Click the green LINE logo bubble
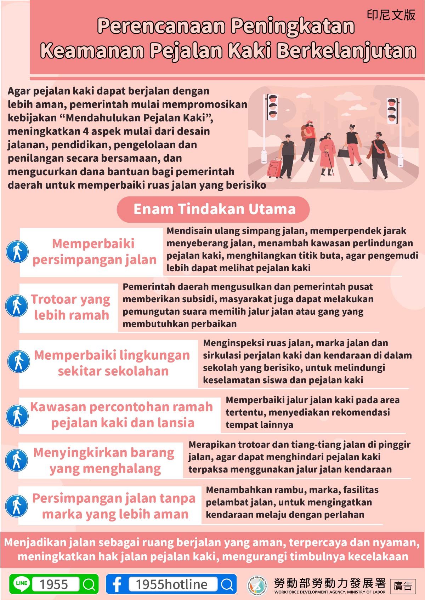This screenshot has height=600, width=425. pyautogui.click(x=22, y=584)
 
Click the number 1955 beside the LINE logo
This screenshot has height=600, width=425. pyautogui.click(x=54, y=584)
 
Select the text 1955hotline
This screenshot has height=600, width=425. pyautogui.click(x=172, y=584)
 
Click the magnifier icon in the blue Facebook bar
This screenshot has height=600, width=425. pyautogui.click(x=227, y=584)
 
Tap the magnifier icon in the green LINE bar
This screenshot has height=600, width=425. pyautogui.click(x=89, y=584)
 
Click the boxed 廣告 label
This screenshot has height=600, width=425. pyautogui.click(x=403, y=586)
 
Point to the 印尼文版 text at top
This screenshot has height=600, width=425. pyautogui.click(x=391, y=15)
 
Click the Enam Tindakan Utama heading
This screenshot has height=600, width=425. pyautogui.click(x=214, y=209)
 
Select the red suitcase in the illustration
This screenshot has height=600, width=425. pyautogui.click(x=274, y=168)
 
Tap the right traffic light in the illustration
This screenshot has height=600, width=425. pyautogui.click(x=392, y=111)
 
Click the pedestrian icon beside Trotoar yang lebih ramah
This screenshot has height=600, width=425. pyautogui.click(x=17, y=305)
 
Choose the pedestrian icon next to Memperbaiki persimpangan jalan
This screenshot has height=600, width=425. pyautogui.click(x=17, y=252)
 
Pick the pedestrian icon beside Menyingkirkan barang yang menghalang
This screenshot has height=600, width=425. pyautogui.click(x=17, y=460)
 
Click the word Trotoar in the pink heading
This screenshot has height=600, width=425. pyautogui.click(x=53, y=299)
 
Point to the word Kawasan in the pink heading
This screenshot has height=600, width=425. pyautogui.click(x=58, y=407)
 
